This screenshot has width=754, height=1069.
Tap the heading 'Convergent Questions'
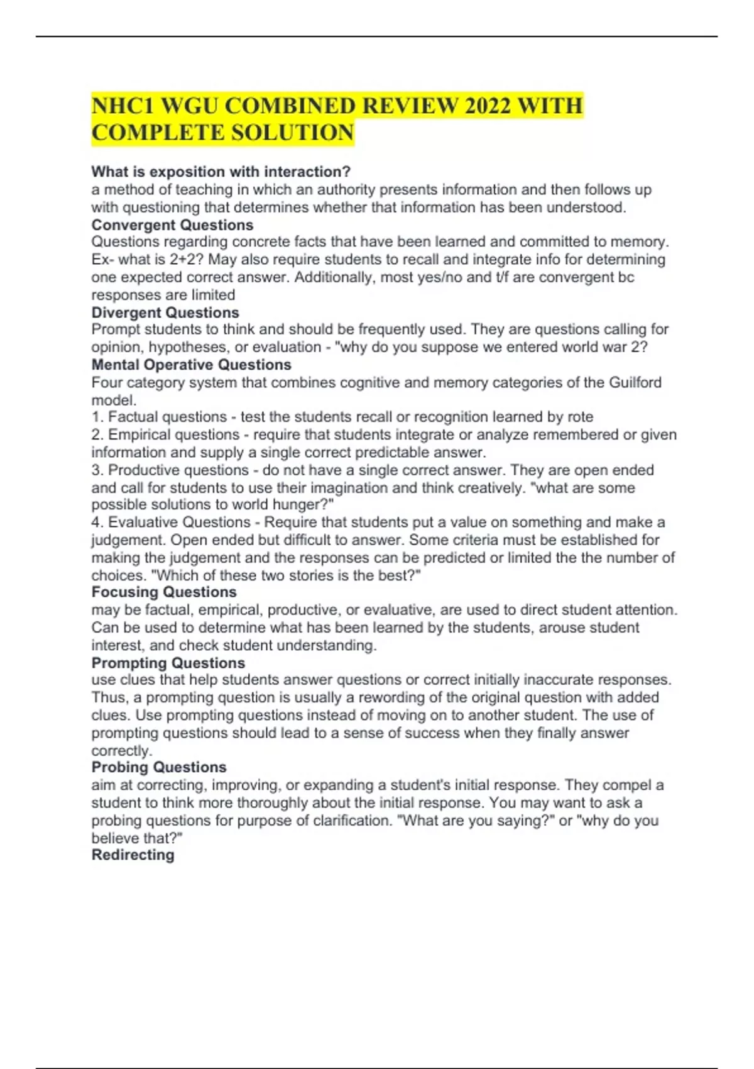pyautogui.click(x=172, y=225)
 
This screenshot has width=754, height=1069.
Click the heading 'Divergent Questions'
pyautogui.click(x=165, y=313)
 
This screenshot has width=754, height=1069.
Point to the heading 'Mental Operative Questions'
pyautogui.click(x=191, y=365)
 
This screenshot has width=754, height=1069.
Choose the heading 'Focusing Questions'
pyautogui.click(x=164, y=592)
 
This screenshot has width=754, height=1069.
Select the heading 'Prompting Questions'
pyautogui.click(x=168, y=663)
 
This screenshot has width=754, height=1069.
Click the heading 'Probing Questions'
pyautogui.click(x=159, y=767)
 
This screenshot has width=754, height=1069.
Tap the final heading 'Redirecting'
pyautogui.click(x=133, y=855)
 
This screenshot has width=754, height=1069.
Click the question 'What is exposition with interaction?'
pyautogui.click(x=221, y=172)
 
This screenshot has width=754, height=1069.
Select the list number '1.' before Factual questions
pyautogui.click(x=98, y=417)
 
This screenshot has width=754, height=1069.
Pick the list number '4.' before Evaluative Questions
pyautogui.click(x=98, y=522)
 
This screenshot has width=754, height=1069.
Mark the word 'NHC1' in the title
pyautogui.click(x=122, y=106)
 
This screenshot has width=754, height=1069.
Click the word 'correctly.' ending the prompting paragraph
pyautogui.click(x=122, y=750)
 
